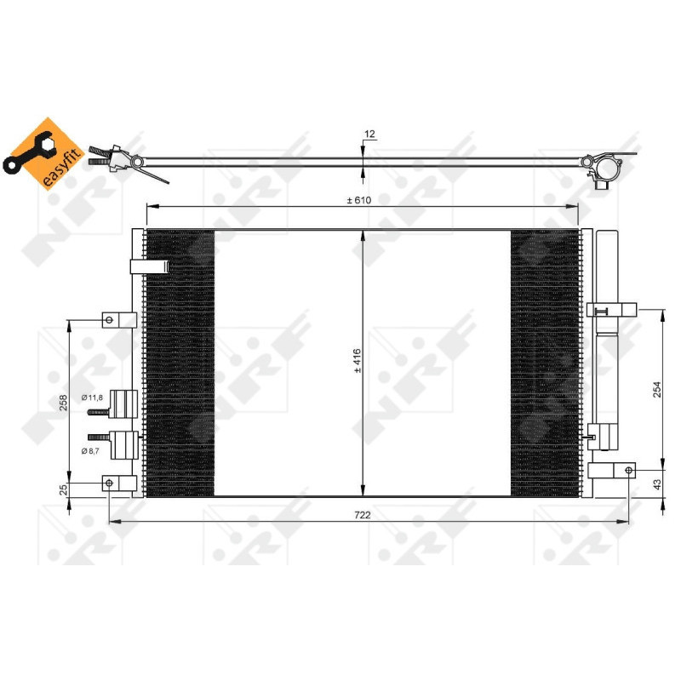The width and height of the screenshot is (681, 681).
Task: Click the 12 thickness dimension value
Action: [369, 134]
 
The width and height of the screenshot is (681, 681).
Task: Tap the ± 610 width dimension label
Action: [358, 200]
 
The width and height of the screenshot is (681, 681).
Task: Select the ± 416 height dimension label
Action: [358, 363]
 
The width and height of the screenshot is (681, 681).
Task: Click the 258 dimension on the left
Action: [63, 403]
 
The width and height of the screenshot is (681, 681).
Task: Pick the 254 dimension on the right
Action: [655, 389]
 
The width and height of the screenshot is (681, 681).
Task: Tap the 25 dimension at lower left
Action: [63, 490]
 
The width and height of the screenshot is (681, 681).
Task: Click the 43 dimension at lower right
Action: [655, 484]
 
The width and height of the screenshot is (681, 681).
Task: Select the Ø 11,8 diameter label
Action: [92, 398]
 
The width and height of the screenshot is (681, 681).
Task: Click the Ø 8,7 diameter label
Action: [92, 449]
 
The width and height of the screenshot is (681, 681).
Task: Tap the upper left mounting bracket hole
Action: [108, 320]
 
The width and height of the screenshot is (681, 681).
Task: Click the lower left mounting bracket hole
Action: [108, 484]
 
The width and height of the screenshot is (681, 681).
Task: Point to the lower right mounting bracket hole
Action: [629, 470]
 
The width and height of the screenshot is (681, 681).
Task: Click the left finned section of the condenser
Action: [180, 363]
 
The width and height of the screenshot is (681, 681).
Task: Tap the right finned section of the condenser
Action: [544, 363]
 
